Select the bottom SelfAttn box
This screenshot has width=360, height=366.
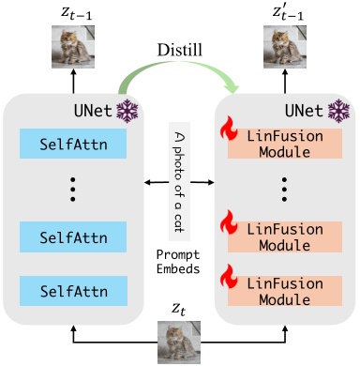pos(72,285)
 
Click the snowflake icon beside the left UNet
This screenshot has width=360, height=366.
pos(127,112)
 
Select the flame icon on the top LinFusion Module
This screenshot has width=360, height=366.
pos(226,131)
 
